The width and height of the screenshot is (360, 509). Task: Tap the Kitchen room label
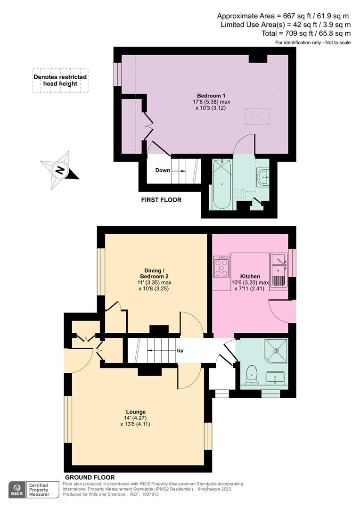(x=250, y=276)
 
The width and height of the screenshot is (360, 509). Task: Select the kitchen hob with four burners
(x=221, y=267)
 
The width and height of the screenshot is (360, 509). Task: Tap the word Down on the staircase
(x=163, y=170)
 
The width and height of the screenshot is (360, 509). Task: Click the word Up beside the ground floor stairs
(x=180, y=351)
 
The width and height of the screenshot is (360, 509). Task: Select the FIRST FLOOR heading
(x=161, y=200)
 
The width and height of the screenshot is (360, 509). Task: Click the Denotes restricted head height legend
(x=60, y=80)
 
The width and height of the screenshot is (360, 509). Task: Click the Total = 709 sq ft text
(x=306, y=33)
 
